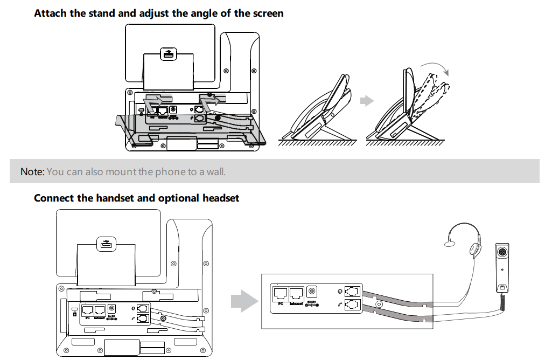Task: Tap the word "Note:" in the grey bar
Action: pos(32,172)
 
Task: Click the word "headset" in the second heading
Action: pos(220,198)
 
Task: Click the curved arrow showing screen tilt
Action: pos(435,68)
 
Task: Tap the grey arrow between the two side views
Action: pos(367,101)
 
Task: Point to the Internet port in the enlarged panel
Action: pos(295,294)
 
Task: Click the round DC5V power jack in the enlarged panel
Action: pos(311,292)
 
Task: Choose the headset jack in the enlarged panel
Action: pos(352,292)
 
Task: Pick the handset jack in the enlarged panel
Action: pos(352,304)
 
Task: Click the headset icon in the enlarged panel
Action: pos(340,292)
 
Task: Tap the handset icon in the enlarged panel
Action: pos(340,304)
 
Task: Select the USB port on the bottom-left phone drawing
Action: pos(104,245)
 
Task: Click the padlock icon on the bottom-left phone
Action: pos(74,312)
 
